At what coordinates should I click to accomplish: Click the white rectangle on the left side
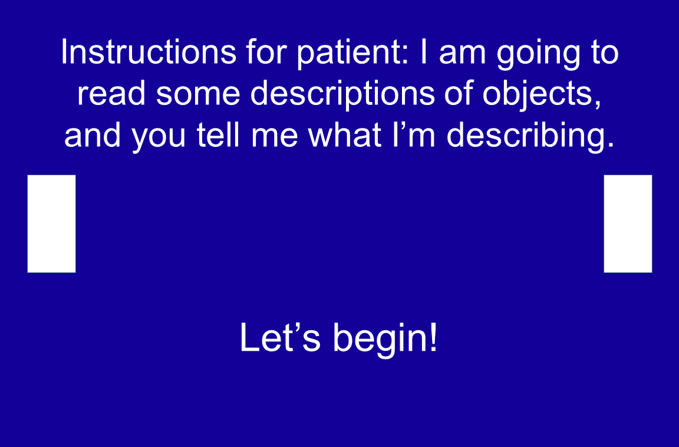tap(51, 224)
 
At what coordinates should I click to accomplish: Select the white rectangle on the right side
tap(628, 224)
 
